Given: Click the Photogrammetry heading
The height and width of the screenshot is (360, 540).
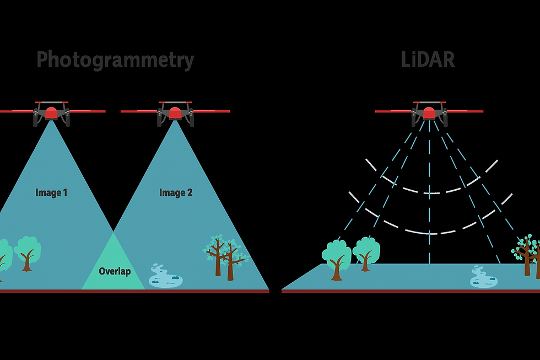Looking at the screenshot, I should point(115,60).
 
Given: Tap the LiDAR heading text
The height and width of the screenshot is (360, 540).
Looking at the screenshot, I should point(428,60).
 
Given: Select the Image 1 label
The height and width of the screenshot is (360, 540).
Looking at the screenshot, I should point(51,192).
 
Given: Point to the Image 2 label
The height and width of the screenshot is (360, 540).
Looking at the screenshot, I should point(176,192).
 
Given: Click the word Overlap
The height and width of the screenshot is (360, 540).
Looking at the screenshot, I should point(115,271).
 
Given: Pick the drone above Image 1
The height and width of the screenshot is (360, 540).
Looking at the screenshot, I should point(51,112).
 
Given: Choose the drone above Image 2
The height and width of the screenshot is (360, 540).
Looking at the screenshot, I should point(175,112).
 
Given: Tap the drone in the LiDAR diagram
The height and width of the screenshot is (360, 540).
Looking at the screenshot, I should point(429,112).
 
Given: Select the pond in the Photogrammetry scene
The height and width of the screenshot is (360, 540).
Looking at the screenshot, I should point(165,276).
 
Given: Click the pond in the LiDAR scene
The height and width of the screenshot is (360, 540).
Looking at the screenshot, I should point(483,277).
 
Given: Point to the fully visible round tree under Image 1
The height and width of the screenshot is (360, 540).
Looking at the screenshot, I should point(28,251).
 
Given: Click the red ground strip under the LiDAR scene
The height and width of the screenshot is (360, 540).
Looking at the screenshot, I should point(411,291).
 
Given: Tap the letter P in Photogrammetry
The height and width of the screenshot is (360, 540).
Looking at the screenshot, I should point(43,60).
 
